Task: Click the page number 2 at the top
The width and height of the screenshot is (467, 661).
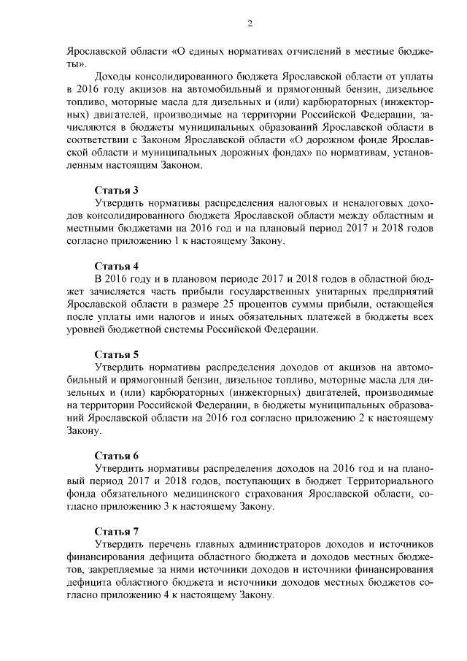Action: point(250,24)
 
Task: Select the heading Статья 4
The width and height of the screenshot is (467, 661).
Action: point(116,266)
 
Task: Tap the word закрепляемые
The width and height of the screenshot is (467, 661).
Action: point(114,569)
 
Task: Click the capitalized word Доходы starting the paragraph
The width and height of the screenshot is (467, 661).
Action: point(114,77)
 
